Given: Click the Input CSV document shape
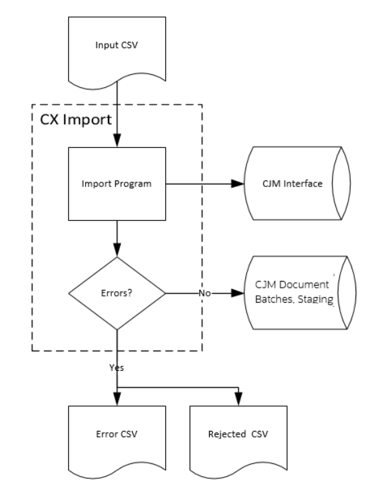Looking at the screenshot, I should tap(117, 47).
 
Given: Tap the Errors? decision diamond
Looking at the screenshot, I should tap(117, 294).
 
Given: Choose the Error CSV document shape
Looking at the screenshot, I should tap(117, 432).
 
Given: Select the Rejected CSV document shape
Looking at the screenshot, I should tap(239, 432).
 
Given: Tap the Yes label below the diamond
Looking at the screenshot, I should tap(115, 369).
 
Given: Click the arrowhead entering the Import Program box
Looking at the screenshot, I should tap(117, 144).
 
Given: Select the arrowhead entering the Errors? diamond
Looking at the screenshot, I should tap(117, 253).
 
